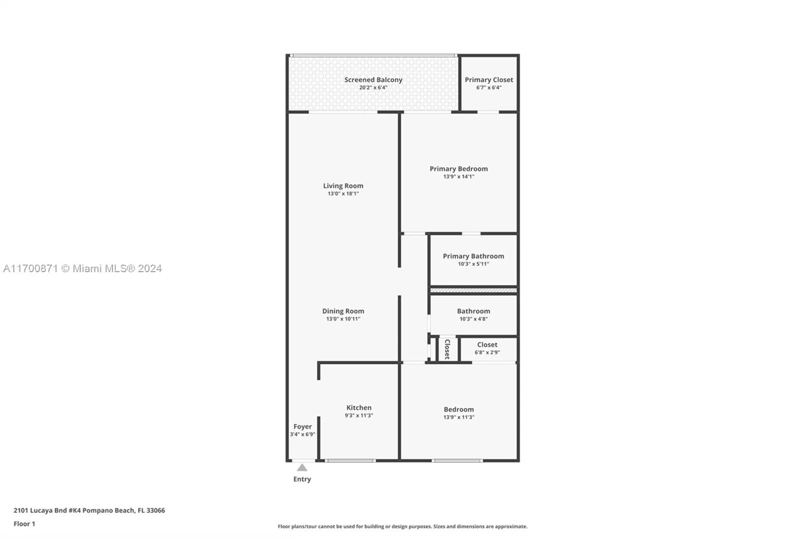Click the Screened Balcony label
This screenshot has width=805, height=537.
[x=373, y=80]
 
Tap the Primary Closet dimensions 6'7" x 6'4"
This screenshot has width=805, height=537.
[x=489, y=87]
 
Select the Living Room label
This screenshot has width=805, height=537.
[x=343, y=186]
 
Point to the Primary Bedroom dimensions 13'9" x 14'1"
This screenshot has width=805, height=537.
[x=458, y=176]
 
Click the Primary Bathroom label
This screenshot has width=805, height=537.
[x=473, y=256]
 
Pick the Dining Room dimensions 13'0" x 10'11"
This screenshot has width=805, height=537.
[x=343, y=319]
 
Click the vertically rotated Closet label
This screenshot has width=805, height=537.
[x=447, y=349]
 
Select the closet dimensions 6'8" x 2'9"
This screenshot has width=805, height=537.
[x=487, y=352]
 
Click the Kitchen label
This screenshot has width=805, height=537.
[x=359, y=408]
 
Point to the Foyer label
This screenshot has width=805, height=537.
[x=302, y=427]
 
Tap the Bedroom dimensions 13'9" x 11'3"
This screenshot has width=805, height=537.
[x=458, y=417]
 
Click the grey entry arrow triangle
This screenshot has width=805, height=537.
[x=302, y=468]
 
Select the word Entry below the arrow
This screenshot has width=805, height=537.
[x=302, y=479]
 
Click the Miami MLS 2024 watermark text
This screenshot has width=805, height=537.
[x=82, y=269]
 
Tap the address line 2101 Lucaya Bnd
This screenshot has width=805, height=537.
[x=89, y=510]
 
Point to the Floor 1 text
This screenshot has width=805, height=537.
[x=24, y=524]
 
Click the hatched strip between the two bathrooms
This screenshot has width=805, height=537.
[x=473, y=290]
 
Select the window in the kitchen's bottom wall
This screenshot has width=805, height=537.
[x=350, y=460]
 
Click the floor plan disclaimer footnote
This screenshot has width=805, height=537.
[x=402, y=527]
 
